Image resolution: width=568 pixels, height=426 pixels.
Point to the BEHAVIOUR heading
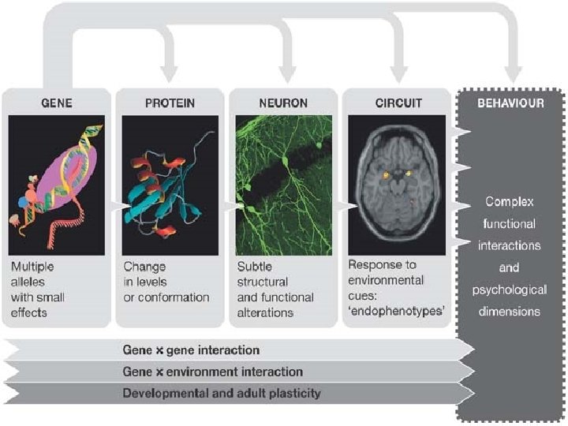click(x=510, y=103)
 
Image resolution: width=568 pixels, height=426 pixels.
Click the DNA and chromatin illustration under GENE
click(x=57, y=185)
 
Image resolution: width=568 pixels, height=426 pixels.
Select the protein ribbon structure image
click(x=169, y=185)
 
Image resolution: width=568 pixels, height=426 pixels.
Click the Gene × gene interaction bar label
click(x=192, y=349)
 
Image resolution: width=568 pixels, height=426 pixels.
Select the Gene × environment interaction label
click(x=213, y=371)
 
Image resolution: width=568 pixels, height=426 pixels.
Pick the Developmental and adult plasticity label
click(x=222, y=392)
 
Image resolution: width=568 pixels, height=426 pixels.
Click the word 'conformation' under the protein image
click(x=179, y=297)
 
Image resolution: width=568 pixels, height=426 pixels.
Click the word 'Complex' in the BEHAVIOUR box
click(x=510, y=201)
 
